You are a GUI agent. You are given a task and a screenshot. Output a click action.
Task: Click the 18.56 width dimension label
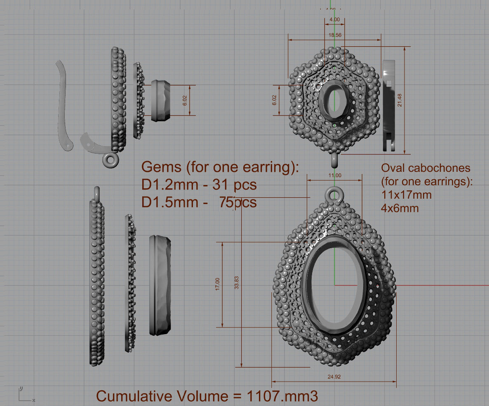click(x=335, y=35)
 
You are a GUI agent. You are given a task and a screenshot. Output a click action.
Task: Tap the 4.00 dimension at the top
click(x=335, y=19)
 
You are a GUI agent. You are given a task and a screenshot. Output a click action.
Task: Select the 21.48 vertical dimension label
click(x=400, y=100)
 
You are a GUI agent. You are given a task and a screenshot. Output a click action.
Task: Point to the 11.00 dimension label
click(x=335, y=175)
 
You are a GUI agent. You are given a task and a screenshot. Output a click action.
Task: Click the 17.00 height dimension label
click(x=217, y=284)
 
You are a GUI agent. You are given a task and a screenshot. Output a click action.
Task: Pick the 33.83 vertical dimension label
click(x=236, y=283)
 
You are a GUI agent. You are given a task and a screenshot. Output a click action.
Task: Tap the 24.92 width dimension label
click(x=334, y=377)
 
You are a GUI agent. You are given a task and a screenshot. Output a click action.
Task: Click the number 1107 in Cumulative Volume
click(x=264, y=396)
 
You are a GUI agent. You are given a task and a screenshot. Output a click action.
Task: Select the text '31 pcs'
click(x=235, y=185)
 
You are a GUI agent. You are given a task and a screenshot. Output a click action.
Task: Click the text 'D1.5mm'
click(x=169, y=202)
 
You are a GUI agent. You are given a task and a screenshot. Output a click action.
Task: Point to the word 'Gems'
click(x=161, y=167)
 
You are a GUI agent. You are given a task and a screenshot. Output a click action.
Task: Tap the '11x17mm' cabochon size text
click(x=407, y=195)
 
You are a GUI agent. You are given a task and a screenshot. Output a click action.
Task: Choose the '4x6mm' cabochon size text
click(x=400, y=208)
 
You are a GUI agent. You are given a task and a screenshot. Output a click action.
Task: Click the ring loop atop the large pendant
click(x=335, y=194)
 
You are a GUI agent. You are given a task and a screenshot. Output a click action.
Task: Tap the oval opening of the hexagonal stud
click(x=335, y=100)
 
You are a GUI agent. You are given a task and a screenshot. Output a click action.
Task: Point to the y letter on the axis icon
click(x=21, y=389)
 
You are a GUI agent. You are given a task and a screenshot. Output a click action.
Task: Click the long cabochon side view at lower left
click(x=160, y=285)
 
